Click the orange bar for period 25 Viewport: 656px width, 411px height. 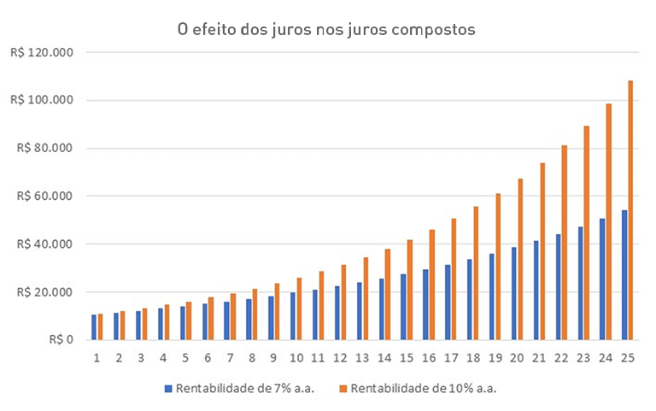[x=630, y=210]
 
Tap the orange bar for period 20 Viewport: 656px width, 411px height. [x=520, y=259]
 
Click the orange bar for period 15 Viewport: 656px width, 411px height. [x=409, y=290]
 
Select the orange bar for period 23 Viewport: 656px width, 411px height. [x=586, y=232]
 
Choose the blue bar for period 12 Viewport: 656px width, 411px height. [x=337, y=313]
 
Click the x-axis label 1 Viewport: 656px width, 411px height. [x=97, y=357]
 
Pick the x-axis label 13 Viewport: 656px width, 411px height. [x=362, y=357]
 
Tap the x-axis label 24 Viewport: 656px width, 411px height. [x=606, y=357]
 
